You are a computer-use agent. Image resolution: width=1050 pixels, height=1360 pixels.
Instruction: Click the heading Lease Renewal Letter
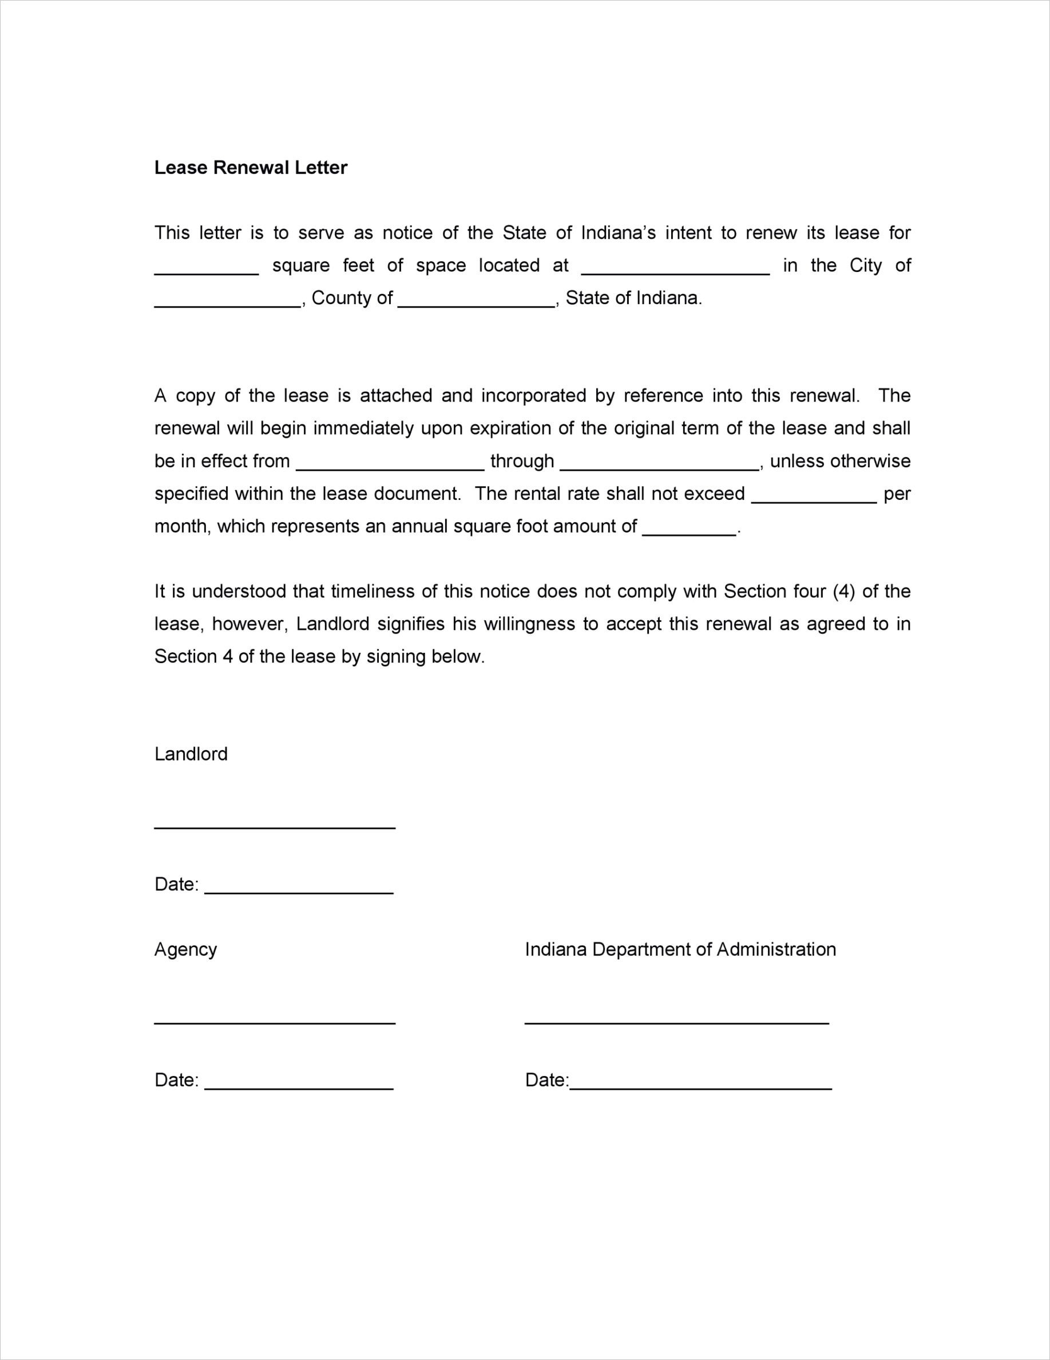pyautogui.click(x=250, y=168)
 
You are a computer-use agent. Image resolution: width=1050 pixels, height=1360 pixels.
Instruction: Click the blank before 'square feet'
pyautogui.click(x=207, y=271)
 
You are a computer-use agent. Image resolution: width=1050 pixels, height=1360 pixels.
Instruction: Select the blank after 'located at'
pyautogui.click(x=675, y=271)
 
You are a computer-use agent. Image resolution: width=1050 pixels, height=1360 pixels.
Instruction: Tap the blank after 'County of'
pyautogui.click(x=476, y=304)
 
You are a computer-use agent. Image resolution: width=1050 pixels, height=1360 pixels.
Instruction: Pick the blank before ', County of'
pyautogui.click(x=228, y=304)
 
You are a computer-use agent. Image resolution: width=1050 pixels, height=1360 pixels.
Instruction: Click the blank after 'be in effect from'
pyautogui.click(x=390, y=467)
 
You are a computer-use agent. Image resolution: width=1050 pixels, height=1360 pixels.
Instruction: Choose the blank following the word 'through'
pyautogui.click(x=660, y=467)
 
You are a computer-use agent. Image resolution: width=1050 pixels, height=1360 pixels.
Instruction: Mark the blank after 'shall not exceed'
pyautogui.click(x=814, y=500)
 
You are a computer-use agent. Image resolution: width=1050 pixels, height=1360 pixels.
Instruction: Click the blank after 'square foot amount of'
pyautogui.click(x=689, y=533)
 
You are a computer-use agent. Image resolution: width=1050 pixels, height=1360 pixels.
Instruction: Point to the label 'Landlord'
pyautogui.click(x=191, y=754)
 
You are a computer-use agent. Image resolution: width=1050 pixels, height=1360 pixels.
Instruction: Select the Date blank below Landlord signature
pyautogui.click(x=299, y=891)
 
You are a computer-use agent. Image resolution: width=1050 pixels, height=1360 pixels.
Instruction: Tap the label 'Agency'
pyautogui.click(x=185, y=949)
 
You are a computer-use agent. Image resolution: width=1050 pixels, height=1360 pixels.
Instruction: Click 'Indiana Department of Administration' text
pyautogui.click(x=680, y=949)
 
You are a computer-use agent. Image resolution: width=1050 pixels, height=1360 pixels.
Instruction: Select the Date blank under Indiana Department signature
pyautogui.click(x=701, y=1087)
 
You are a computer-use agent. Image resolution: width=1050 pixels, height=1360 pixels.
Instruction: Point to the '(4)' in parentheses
pyautogui.click(x=843, y=591)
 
